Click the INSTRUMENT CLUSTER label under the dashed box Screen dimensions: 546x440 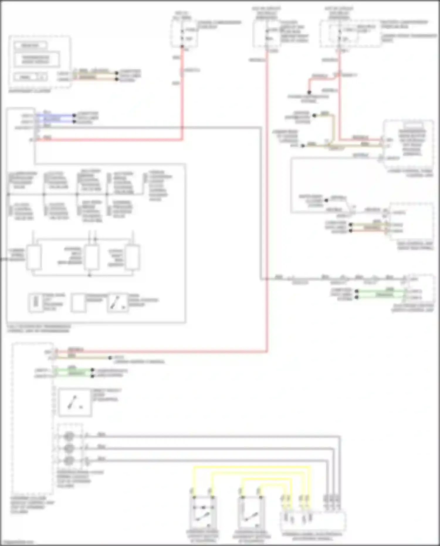pos(29,91)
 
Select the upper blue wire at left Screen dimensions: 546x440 pos(56,115)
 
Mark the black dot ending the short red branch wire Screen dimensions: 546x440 pos(309,92)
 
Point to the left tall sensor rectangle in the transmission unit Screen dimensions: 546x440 pos(34,258)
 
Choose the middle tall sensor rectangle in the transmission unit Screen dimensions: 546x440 pos(92,258)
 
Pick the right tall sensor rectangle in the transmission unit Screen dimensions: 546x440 pos(132,258)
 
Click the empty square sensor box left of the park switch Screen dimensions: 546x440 pos(79,303)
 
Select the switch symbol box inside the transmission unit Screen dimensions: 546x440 pos(117,303)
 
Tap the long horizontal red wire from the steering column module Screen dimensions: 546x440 pos(161,351)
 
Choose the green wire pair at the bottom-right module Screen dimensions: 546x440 pos(381,294)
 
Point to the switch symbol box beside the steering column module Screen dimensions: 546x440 pos(75,402)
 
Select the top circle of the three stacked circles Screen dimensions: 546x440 pos(69,436)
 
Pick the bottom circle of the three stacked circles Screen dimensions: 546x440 pos(69,460)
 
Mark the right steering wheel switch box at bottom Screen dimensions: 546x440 pos(251,512)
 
